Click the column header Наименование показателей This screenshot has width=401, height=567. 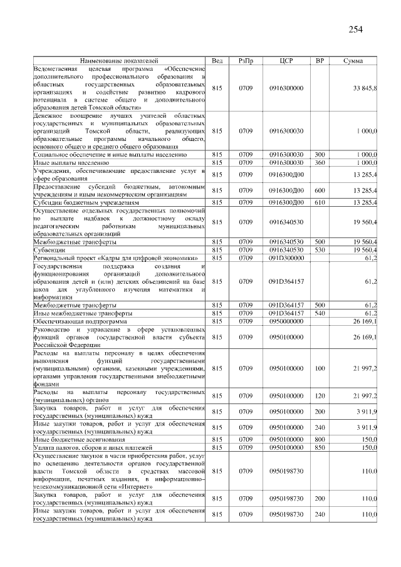pos(119,60)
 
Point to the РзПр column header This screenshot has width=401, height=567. pos(246,60)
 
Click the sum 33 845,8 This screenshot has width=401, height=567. pos(365,88)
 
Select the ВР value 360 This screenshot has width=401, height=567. pos(320,162)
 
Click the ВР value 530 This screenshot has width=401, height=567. pos(320,250)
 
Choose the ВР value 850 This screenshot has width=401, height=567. pos(320,447)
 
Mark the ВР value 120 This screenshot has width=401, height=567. pos(320,396)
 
